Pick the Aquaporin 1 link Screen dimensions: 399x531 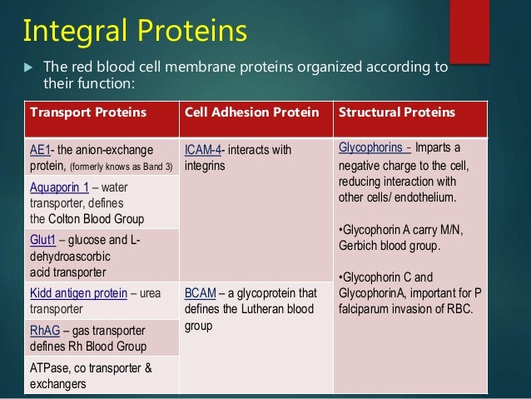tap(52, 189)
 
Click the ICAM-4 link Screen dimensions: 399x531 tap(204, 150)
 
